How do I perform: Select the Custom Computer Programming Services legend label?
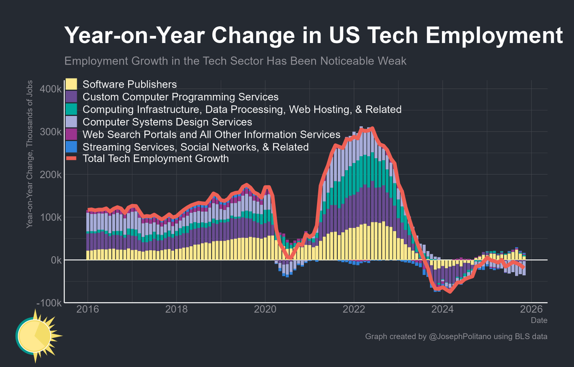(x=181, y=97)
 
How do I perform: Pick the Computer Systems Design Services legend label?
(x=167, y=122)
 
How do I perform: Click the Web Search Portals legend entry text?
(x=211, y=134)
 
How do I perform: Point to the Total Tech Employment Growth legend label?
(x=155, y=159)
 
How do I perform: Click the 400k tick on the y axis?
(x=50, y=90)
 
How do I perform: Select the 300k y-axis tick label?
(x=50, y=132)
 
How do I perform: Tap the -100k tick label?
(x=48, y=303)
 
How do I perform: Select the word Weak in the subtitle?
(x=394, y=61)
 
